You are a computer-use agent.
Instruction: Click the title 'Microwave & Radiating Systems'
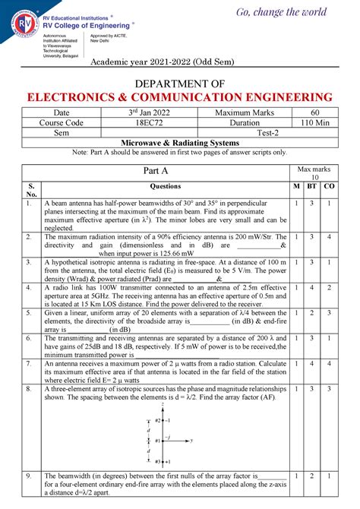click(x=180, y=143)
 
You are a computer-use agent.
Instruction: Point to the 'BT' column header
click(x=311, y=186)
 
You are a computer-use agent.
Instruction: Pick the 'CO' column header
click(x=329, y=186)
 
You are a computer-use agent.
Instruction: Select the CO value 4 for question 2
click(x=329, y=237)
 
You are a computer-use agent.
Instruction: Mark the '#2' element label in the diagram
click(x=157, y=419)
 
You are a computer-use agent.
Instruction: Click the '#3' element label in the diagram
click(x=157, y=461)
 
